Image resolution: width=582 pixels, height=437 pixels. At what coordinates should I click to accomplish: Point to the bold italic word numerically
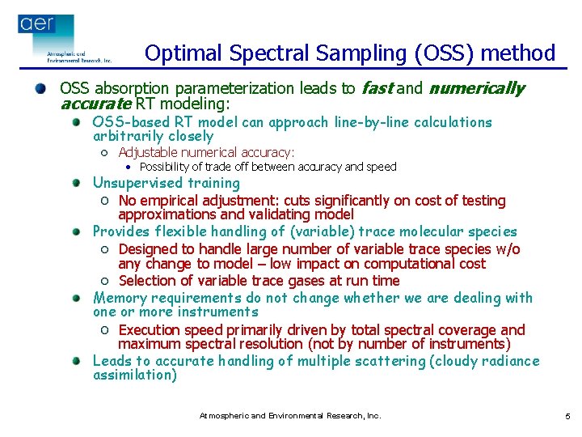point(476,88)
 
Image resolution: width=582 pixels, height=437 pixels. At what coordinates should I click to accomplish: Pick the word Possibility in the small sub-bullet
point(165,167)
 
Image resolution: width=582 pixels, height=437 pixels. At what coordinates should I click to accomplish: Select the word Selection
point(148,280)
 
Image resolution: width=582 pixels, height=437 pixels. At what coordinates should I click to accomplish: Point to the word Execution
point(150,329)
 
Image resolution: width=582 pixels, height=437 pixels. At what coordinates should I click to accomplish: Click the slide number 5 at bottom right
point(567,416)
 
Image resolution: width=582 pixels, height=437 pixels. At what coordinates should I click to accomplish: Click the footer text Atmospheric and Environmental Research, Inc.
point(290,416)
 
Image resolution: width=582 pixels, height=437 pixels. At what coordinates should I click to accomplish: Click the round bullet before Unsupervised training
point(75,184)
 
